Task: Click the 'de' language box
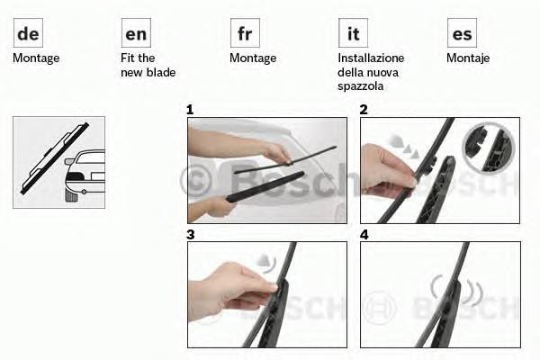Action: pos(28,32)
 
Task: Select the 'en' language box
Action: pos(137,32)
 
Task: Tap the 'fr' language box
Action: pos(245,32)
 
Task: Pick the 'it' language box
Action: pos(354,32)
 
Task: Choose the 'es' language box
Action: pos(463,32)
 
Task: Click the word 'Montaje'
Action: pos(468,58)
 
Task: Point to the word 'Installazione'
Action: pos(371,58)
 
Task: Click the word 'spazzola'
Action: pos(361,86)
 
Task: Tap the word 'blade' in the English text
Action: pos(161,72)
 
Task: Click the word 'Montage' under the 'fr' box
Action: pos(253,58)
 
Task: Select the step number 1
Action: pos(190,110)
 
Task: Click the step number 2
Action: pos(364,110)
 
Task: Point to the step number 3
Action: pos(191,235)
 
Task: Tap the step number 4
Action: pos(364,235)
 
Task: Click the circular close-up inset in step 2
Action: pos(489,147)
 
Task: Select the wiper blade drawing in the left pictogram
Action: pos(54,158)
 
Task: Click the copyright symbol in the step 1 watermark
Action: pos(195,181)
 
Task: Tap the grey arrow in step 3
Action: pos(266,261)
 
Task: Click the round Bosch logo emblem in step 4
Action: pos(380,308)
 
